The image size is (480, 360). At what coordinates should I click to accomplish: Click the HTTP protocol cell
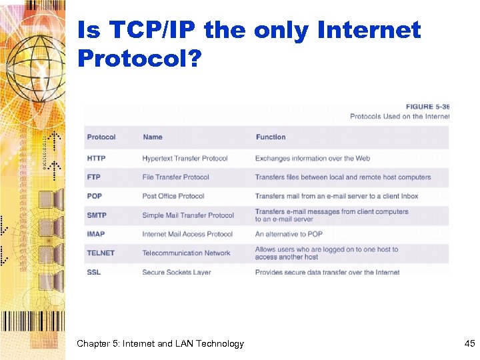pyautogui.click(x=96, y=159)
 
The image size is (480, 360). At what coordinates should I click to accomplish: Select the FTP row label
pyautogui.click(x=93, y=177)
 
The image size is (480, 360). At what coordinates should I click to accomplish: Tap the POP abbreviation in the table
pyautogui.click(x=94, y=196)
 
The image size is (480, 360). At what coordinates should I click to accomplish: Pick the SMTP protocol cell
pyautogui.click(x=96, y=215)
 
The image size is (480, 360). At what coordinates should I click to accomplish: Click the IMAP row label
pyautogui.click(x=95, y=234)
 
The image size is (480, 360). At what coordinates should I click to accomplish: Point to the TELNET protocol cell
pyautogui.click(x=101, y=253)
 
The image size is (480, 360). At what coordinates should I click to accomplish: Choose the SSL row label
pyautogui.click(x=93, y=272)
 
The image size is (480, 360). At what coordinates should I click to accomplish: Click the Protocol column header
pyautogui.click(x=101, y=137)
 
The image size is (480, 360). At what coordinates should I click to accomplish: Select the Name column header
pyautogui.click(x=153, y=137)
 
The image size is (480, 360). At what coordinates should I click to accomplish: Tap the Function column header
pyautogui.click(x=271, y=137)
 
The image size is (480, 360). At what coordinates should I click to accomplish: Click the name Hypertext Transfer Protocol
pyautogui.click(x=185, y=159)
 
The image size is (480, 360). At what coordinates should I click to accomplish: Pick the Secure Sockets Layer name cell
pyautogui.click(x=177, y=272)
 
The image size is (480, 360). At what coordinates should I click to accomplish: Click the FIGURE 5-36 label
pyautogui.click(x=427, y=107)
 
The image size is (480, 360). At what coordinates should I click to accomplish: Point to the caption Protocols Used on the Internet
pyautogui.click(x=399, y=117)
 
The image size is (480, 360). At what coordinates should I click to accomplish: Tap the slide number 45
pyautogui.click(x=469, y=344)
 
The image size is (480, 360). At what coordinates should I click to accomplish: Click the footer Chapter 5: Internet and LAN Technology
pyautogui.click(x=160, y=344)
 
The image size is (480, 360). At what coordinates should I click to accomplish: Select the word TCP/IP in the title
pyautogui.click(x=149, y=31)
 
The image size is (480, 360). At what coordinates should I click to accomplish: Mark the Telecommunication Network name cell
pyautogui.click(x=186, y=253)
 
